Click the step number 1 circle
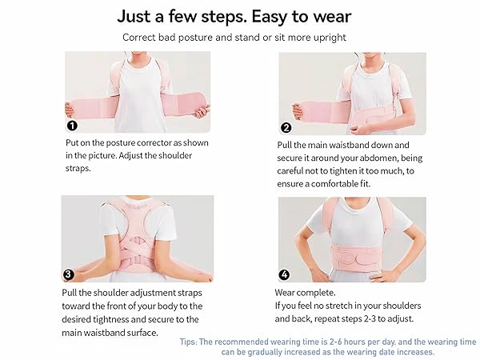click(71, 126)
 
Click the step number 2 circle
click(286, 127)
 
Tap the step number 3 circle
click(69, 274)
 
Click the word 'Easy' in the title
click(266, 16)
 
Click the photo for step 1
click(137, 92)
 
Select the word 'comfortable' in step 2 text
click(338, 183)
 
